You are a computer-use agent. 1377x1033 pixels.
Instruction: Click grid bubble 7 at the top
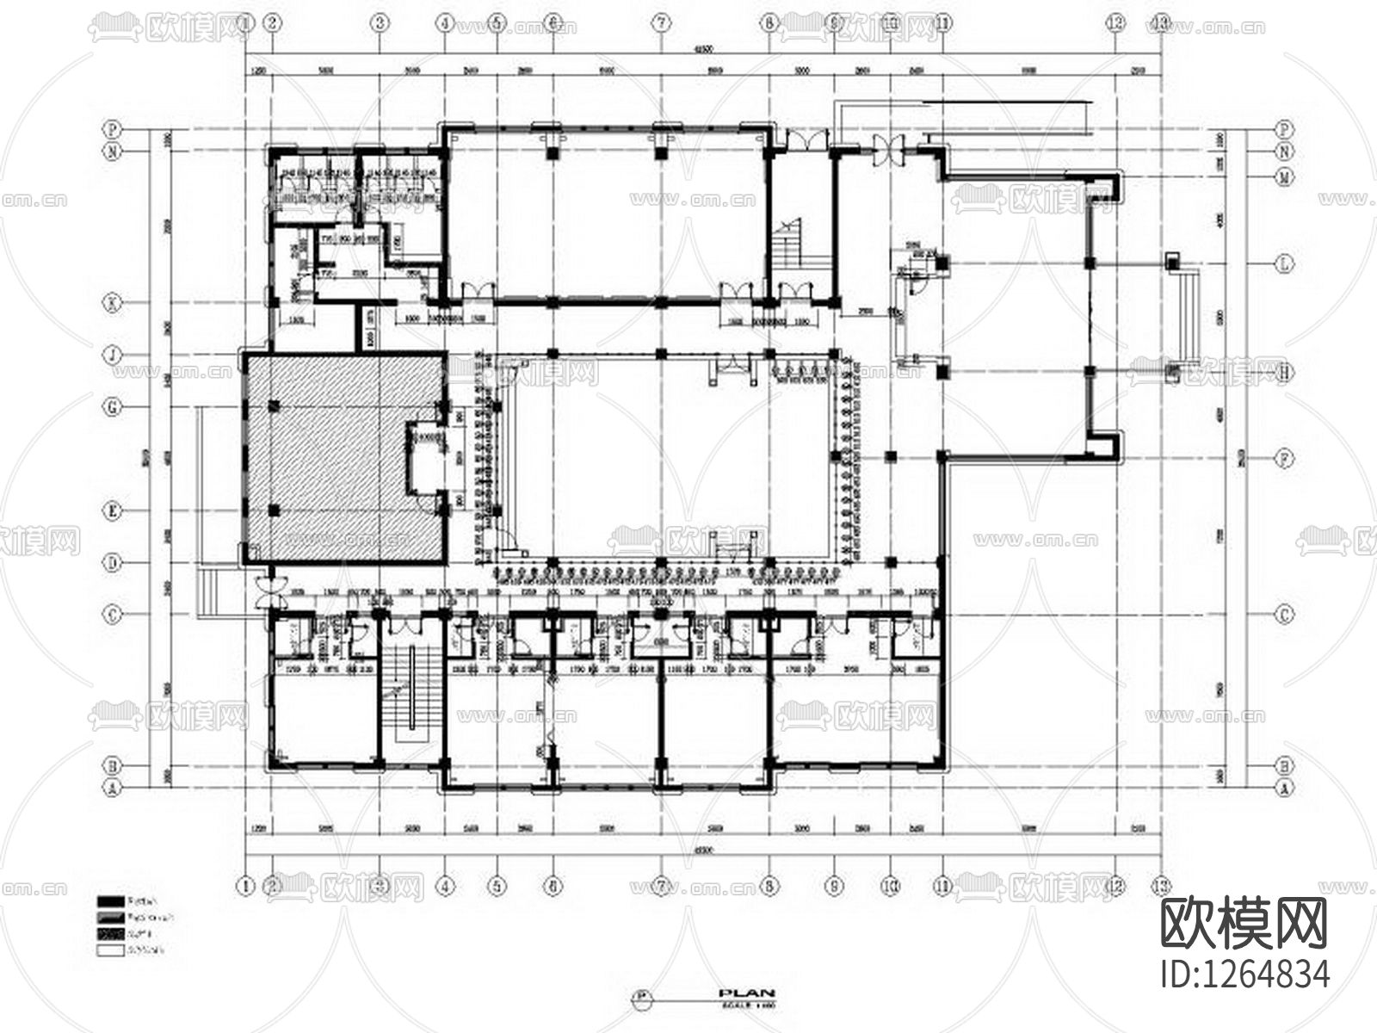(660, 24)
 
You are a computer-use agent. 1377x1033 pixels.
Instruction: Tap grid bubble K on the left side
(113, 302)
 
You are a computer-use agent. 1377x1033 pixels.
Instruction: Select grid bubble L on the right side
(1283, 263)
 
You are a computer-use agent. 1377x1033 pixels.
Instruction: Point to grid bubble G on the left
(113, 407)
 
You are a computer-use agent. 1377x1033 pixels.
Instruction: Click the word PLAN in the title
(746, 993)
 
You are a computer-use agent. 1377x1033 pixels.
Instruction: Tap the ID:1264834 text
(1244, 974)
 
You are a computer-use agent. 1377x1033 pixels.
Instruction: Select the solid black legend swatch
(110, 900)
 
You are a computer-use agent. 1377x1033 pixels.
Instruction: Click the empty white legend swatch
(110, 951)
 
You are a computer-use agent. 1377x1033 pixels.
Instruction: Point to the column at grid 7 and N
(661, 153)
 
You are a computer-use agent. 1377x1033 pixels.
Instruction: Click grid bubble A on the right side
(1283, 787)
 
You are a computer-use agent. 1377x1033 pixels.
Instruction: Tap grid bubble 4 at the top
(444, 24)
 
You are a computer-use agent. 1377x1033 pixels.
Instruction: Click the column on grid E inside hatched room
(274, 510)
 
